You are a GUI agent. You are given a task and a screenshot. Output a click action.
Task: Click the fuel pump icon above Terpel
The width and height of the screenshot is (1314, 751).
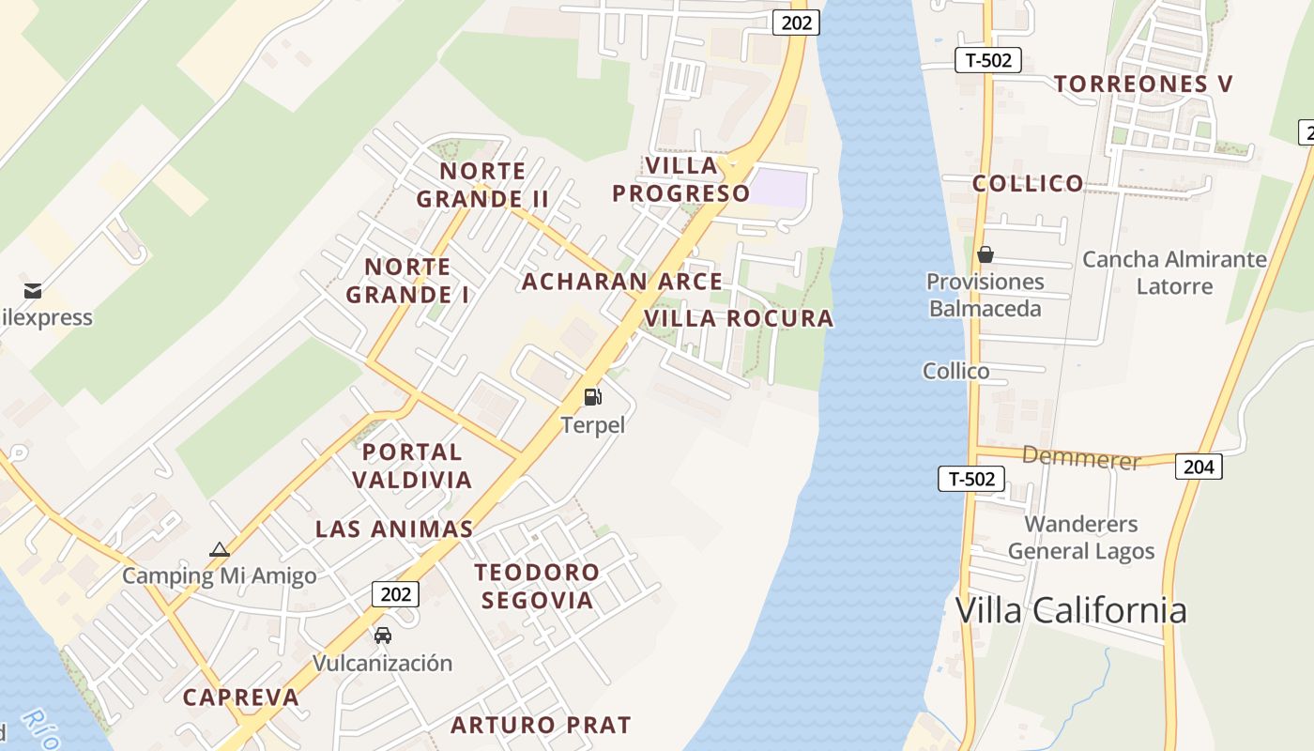[592, 397]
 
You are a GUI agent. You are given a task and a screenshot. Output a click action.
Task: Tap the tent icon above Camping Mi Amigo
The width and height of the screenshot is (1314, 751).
[220, 550]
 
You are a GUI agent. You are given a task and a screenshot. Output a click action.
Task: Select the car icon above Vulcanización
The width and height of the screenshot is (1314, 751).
[383, 636]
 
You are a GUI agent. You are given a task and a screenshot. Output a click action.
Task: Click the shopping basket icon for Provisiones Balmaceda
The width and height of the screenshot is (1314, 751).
[985, 254]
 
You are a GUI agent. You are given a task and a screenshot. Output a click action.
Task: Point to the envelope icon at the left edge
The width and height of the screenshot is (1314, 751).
[33, 290]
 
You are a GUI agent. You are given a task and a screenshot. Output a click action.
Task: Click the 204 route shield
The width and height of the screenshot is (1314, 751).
[1199, 467]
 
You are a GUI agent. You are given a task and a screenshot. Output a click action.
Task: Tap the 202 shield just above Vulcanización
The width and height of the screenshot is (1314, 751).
[395, 593]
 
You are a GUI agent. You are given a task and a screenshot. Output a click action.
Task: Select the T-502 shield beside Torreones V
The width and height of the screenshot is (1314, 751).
[987, 60]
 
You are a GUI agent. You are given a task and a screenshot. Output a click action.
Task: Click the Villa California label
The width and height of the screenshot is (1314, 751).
[1071, 610]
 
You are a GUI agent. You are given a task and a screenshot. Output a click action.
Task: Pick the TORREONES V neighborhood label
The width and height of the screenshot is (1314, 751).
[1143, 84]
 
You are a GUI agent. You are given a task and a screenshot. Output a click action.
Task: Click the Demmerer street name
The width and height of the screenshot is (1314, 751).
[1081, 459]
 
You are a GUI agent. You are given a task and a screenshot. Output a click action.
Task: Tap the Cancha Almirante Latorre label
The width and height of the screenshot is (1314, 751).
[1174, 272]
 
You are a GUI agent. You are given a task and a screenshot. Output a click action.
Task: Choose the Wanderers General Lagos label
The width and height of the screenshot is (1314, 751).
[1081, 537]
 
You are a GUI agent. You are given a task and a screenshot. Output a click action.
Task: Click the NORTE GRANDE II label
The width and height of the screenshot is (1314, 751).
[482, 185]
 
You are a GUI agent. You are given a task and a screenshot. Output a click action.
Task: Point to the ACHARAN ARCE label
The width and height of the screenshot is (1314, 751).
[622, 282]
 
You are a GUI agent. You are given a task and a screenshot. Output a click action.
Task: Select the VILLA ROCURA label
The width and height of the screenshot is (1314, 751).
[739, 318]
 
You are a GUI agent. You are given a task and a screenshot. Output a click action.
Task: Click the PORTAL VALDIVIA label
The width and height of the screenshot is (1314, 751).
[412, 466]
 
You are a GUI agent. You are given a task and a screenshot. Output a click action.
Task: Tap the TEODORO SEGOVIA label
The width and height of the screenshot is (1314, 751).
[537, 586]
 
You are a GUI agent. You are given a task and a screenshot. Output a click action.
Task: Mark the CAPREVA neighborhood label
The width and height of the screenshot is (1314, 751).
[240, 697]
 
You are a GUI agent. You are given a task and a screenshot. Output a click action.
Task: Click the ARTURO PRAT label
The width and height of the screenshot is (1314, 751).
[541, 725]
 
